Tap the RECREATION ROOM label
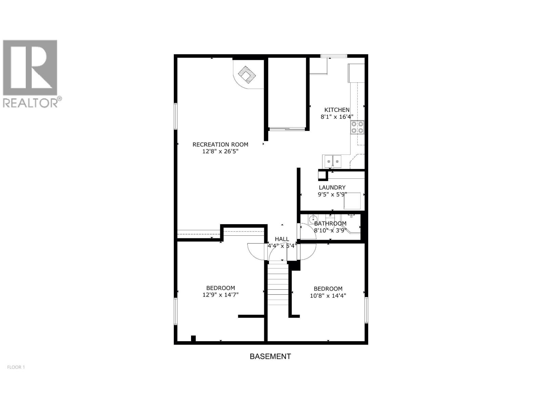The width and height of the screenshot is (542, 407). click(x=220, y=144)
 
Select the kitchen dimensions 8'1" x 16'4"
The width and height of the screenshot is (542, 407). click(x=337, y=117)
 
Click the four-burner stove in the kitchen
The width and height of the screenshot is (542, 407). click(x=357, y=127)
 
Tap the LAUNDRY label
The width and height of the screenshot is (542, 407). click(x=332, y=188)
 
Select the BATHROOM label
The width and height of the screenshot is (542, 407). click(x=330, y=224)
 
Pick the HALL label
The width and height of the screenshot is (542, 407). click(x=282, y=239)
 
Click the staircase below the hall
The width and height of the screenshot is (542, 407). click(x=278, y=285)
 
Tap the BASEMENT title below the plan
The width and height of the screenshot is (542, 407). click(x=270, y=356)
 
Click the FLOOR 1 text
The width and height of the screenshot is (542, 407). click(x=16, y=367)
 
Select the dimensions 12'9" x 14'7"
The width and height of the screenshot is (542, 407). click(x=221, y=295)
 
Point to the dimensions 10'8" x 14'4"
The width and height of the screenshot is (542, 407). click(x=328, y=295)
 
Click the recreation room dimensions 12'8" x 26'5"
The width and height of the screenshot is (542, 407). click(x=221, y=152)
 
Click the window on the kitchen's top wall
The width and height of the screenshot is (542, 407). click(x=334, y=56)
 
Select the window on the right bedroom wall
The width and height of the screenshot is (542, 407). click(x=366, y=310)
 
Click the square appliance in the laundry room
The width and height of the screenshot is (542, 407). click(x=352, y=201)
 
